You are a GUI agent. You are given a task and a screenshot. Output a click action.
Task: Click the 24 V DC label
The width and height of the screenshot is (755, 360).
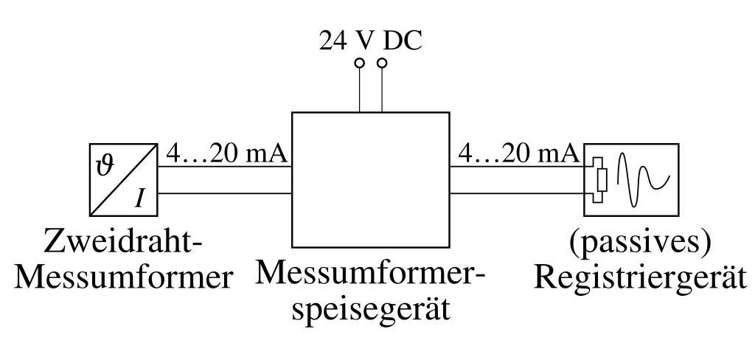click(x=371, y=41)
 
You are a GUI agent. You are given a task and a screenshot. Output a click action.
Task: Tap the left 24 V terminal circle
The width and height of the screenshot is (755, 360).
click(x=359, y=64)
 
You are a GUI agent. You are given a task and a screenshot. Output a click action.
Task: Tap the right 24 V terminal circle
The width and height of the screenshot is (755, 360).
click(x=381, y=64)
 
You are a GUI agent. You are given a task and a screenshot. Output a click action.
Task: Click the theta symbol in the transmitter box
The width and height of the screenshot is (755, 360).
click(x=105, y=163)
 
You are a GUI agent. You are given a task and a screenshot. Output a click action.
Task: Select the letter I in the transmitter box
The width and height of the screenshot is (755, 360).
click(x=139, y=198)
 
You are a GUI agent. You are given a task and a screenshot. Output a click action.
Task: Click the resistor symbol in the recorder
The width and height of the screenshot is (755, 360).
click(x=602, y=179)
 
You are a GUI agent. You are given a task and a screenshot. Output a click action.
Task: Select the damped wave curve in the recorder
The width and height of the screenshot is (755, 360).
click(x=641, y=179)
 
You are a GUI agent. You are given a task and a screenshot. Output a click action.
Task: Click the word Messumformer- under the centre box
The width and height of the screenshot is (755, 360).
click(x=371, y=274)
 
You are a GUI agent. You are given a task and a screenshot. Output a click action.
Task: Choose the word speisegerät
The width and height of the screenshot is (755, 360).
click(x=371, y=308)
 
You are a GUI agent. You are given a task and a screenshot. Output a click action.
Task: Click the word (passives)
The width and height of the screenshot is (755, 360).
click(x=639, y=242)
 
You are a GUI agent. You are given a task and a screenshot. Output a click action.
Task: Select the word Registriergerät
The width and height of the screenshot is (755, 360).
click(x=639, y=277)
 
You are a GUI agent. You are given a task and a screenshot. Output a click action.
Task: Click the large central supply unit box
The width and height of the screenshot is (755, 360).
click(x=370, y=179)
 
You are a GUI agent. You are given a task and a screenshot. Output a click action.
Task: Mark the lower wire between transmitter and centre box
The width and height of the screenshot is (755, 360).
click(x=226, y=194)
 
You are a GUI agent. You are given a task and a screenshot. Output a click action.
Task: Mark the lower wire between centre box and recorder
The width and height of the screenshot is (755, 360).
click(x=518, y=194)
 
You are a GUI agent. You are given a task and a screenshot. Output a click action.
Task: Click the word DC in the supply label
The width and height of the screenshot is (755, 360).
click(x=405, y=41)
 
